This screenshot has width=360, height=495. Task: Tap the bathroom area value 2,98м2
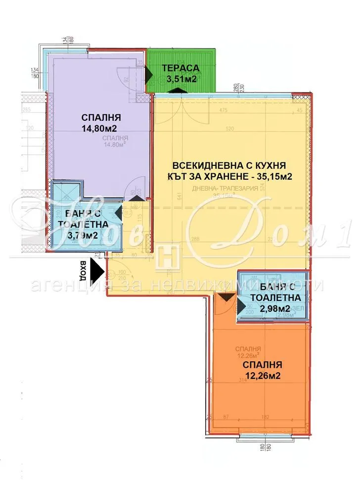point(275,308)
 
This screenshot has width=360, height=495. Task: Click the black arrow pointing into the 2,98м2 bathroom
point(241,307)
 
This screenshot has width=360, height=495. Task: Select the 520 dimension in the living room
point(243,128)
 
